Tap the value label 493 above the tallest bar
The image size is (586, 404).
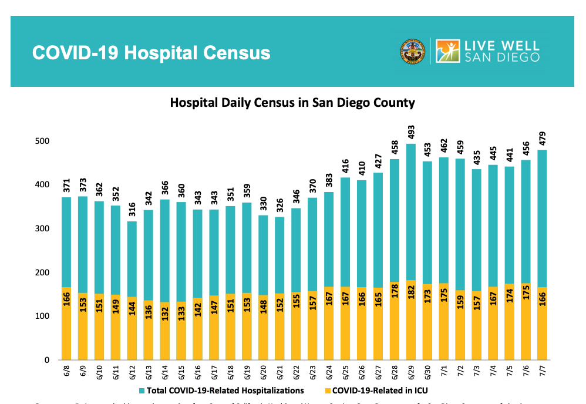(x=411, y=132)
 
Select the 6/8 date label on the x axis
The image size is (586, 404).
(x=66, y=371)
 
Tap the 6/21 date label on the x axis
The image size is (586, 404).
(x=279, y=372)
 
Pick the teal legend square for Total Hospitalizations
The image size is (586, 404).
(x=143, y=390)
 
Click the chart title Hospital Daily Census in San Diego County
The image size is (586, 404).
(x=292, y=103)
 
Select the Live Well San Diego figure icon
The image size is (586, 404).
(x=448, y=51)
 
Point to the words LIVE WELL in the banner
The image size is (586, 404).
(x=502, y=45)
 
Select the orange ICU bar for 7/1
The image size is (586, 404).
(x=444, y=335)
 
